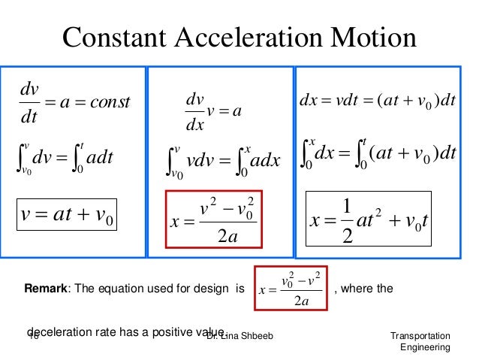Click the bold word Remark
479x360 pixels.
(x=46, y=287)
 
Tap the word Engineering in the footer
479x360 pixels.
(x=426, y=347)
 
